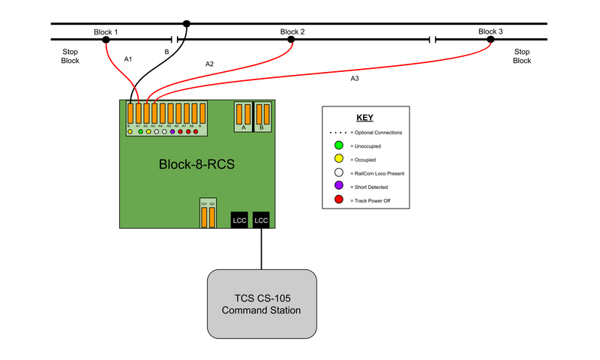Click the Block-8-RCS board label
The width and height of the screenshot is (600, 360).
(x=196, y=163)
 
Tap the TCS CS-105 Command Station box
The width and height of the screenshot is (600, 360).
(x=262, y=304)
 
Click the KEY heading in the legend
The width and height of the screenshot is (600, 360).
(x=364, y=118)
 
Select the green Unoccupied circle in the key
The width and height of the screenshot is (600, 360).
(x=339, y=145)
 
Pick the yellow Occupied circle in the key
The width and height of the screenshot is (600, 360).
(x=339, y=160)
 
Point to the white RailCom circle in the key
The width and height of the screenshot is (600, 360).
(x=339, y=173)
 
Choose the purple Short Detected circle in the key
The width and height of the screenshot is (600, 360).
(x=339, y=187)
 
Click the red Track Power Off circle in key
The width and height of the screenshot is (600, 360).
(x=339, y=200)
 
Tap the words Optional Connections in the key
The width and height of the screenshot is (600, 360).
(x=379, y=132)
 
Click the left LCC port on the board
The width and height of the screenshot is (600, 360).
(x=239, y=220)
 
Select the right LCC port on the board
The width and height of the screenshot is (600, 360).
(x=261, y=220)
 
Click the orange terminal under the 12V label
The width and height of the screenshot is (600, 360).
(x=203, y=217)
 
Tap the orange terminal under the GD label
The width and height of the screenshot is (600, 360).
(x=211, y=217)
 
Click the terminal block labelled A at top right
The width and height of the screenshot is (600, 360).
(x=243, y=115)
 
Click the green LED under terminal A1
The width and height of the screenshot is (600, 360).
(x=140, y=132)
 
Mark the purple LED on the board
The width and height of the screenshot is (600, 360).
(x=172, y=132)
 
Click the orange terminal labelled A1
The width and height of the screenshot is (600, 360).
(x=138, y=112)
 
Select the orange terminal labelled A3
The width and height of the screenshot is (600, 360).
(x=154, y=112)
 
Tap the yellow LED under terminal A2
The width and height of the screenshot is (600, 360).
(x=148, y=132)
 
